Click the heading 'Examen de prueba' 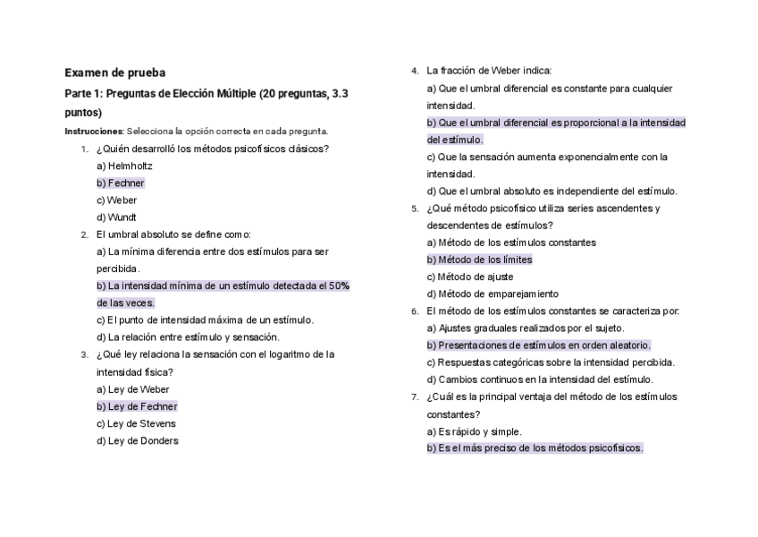114,72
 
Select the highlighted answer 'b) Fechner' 120,183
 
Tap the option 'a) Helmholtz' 124,166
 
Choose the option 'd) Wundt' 116,217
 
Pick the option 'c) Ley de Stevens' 136,424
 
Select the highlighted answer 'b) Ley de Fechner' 137,406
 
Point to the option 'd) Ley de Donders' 137,441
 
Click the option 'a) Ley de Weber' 132,389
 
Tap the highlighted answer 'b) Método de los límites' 479,260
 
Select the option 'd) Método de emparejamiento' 492,294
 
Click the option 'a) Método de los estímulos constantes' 511,243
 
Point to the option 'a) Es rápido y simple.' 474,431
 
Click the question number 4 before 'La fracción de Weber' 415,72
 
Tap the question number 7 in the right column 415,397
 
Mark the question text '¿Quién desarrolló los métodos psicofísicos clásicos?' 213,149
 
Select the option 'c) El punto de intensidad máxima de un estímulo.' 205,320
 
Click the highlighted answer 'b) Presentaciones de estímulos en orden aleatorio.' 538,345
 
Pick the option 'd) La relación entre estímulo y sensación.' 188,337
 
